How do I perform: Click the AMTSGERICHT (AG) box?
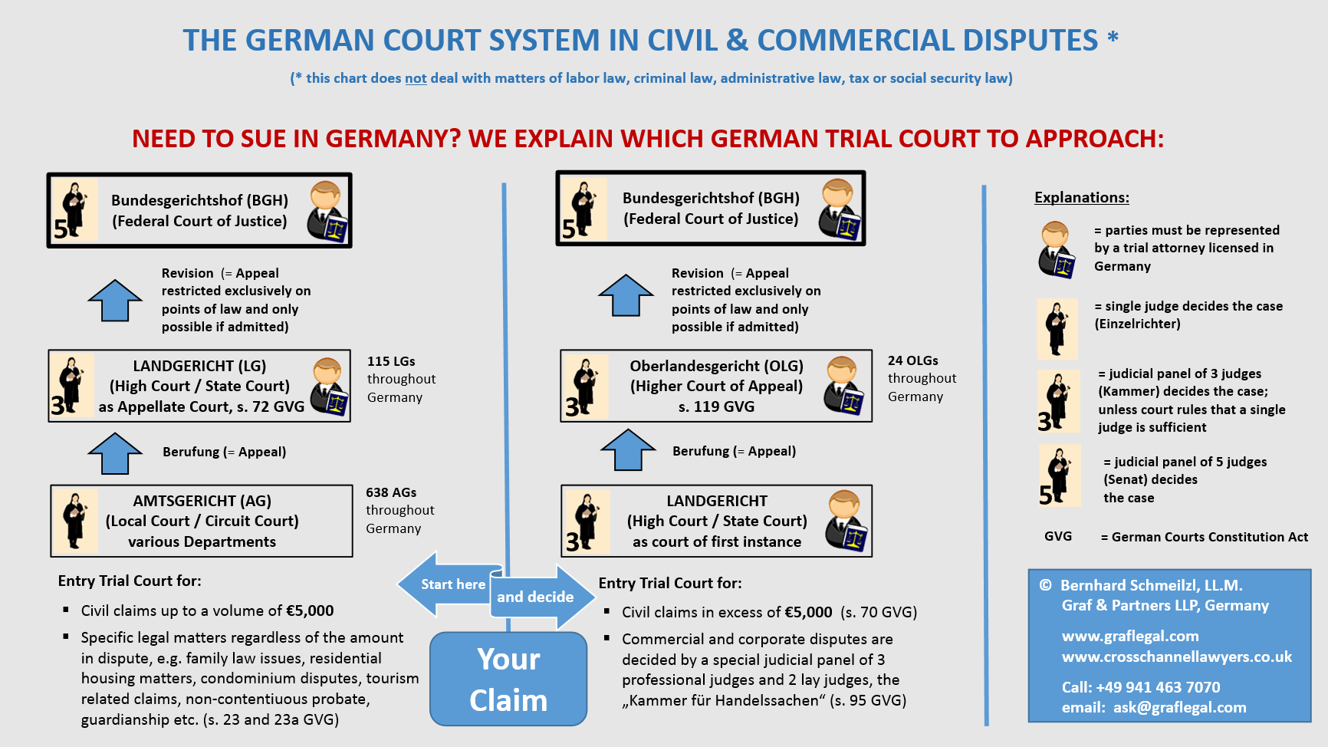202,521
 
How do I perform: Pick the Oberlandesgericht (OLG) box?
716,386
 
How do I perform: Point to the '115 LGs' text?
391,361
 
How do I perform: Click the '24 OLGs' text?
912,360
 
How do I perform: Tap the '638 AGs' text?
391,492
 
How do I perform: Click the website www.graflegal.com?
1129,636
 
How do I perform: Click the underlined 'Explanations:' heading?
1081,198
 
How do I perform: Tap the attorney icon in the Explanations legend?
1057,249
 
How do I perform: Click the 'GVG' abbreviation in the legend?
1057,537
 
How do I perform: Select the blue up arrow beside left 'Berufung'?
115,453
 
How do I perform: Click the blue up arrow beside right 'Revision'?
626,295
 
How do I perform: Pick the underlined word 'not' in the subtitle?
416,78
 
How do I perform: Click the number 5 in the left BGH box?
61,229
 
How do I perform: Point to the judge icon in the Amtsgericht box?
74,521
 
